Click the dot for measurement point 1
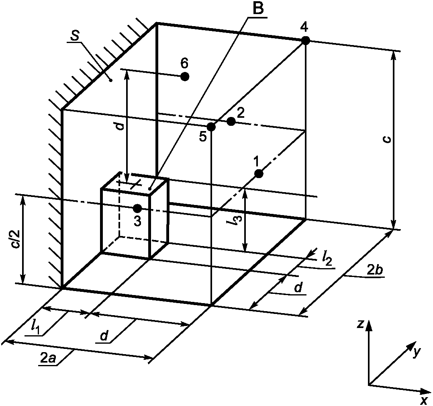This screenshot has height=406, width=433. coord(259,174)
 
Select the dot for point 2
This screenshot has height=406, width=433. coord(231,121)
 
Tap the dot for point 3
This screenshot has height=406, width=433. coord(137,208)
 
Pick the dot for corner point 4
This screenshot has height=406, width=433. coord(305,40)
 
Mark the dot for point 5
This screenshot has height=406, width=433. coord(211,127)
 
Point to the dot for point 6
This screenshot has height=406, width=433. coord(185,76)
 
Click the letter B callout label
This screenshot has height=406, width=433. coord(258,9)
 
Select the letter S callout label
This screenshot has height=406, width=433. coord(74,37)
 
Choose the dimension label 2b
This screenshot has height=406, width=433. coord(375,270)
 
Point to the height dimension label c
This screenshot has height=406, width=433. coord(387,139)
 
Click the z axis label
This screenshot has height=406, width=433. coord(359,324)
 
